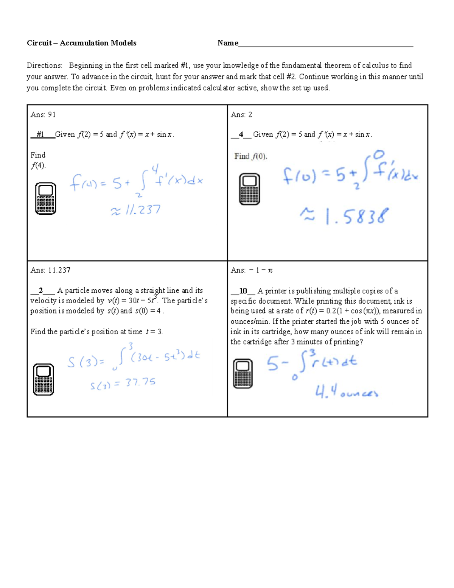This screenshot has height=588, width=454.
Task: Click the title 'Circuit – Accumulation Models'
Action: coord(81,43)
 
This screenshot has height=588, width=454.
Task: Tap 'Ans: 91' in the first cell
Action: coord(43,115)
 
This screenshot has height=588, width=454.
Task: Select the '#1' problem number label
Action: coord(40,134)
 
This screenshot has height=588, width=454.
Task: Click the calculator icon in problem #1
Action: coord(45,198)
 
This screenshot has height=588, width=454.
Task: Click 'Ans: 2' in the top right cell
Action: coord(241,115)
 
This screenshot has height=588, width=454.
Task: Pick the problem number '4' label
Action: coord(241,134)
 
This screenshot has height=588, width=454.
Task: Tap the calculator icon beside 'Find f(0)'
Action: coord(250,189)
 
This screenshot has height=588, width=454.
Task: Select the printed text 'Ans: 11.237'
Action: coord(50,270)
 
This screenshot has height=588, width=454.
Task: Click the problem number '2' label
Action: coord(41,291)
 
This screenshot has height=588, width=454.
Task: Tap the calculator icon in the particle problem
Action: coord(44,379)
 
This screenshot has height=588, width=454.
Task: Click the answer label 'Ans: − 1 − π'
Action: coord(252,270)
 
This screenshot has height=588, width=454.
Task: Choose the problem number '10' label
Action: coord(243,291)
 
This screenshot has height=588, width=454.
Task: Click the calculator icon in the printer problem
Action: coord(243,373)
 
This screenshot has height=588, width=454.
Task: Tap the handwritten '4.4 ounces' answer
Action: coord(347,393)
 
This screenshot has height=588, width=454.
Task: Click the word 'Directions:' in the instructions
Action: coord(44,66)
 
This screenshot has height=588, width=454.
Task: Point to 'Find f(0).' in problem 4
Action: coord(251,156)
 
